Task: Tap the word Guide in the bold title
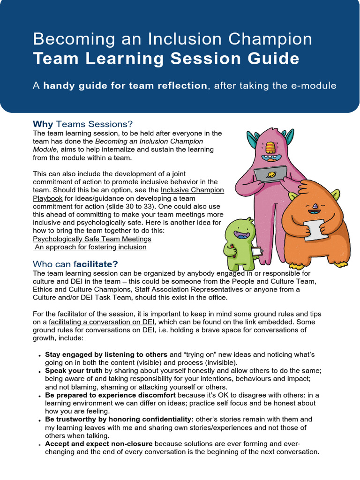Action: (274, 59)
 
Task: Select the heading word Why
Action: (43, 124)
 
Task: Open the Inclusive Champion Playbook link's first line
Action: (192, 190)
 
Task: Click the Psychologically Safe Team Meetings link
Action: (92, 239)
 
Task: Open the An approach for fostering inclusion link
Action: (90, 247)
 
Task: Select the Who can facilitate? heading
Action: (75, 264)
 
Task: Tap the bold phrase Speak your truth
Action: (74, 370)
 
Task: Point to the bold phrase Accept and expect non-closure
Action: (99, 444)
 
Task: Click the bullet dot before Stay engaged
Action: (40, 355)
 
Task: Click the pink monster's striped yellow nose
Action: (269, 148)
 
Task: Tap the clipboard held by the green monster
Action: (257, 252)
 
